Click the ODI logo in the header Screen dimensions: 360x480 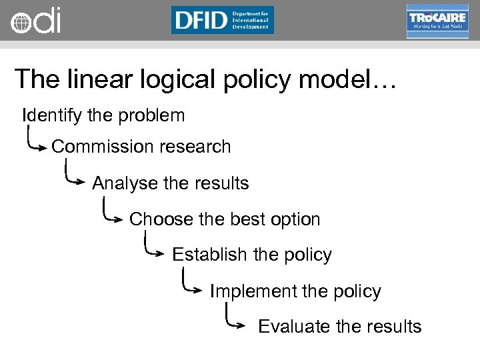(x=35, y=20)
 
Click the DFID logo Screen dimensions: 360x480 (x=222, y=20)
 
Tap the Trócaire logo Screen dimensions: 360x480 (x=437, y=21)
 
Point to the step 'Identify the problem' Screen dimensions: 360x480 (x=103, y=115)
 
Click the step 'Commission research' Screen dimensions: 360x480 (x=141, y=147)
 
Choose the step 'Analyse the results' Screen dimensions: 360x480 (x=170, y=183)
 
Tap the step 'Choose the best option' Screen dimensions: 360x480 (x=225, y=219)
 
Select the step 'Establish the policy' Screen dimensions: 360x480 (x=251, y=255)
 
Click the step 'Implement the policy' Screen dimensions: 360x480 (x=295, y=291)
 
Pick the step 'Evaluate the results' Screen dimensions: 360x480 (x=339, y=327)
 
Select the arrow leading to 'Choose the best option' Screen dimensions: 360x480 (x=113, y=212)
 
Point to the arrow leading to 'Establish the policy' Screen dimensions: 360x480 (x=155, y=248)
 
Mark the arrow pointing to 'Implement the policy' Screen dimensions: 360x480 (x=193, y=284)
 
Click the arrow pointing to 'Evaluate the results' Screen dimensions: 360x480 (x=236, y=319)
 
